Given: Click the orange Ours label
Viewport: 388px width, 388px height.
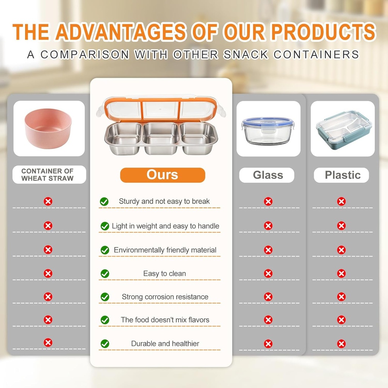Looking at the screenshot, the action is pos(163,175).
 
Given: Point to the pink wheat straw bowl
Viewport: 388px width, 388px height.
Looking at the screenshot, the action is pos(48,128).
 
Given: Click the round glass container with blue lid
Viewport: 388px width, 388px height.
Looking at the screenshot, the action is pos(268,131).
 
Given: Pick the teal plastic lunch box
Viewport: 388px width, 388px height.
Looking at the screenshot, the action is pos(343,130).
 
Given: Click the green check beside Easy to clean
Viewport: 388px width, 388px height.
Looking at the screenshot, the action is pos(105,274).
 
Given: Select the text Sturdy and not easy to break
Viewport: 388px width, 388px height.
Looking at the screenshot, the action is pos(164,201).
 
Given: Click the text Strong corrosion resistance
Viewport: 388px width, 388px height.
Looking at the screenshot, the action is pos(165,297).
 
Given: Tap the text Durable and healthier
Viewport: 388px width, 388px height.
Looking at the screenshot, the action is pos(165,343).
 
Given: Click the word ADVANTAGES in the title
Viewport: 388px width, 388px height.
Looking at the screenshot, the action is pos(121,32).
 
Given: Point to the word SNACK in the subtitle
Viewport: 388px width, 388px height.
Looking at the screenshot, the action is pos(246,55).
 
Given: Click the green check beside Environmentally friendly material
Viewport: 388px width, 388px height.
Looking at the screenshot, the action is pos(105,250).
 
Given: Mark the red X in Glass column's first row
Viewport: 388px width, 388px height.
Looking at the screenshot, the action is pos(268,202).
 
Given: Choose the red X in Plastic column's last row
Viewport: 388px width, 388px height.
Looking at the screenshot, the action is pos(341,344).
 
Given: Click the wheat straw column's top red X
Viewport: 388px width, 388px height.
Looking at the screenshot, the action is pos(48,201).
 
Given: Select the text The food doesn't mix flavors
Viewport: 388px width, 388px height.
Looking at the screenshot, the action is pos(165,320).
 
